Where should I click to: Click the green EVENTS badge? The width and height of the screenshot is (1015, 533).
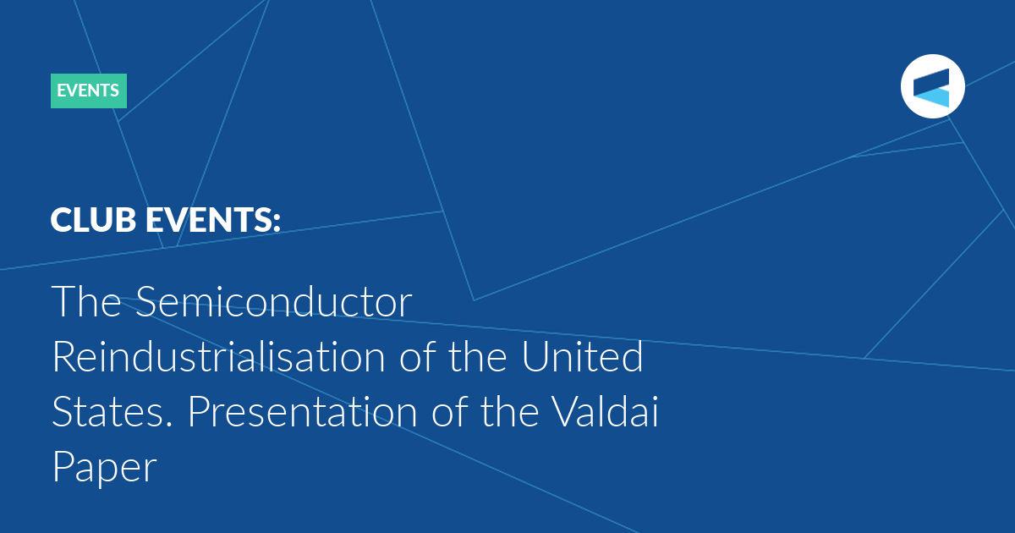coord(89,91)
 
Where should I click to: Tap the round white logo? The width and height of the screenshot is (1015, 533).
coord(932,86)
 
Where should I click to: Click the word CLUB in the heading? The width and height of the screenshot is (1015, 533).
coord(93,220)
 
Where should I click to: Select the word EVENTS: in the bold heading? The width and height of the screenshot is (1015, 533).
coord(213,220)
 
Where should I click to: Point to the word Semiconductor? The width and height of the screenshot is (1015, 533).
coord(274,302)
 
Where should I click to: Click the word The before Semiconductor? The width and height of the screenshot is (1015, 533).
coord(86,301)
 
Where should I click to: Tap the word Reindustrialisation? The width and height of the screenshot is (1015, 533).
coord(219,357)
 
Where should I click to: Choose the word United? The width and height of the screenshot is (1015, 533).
coord(582,357)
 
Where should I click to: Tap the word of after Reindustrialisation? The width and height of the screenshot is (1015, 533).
coord(418,357)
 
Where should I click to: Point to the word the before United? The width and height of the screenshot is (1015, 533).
coord(478,357)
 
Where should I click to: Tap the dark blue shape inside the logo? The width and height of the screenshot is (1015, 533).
coord(931,80)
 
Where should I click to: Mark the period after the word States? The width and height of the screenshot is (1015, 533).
coord(170,425)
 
